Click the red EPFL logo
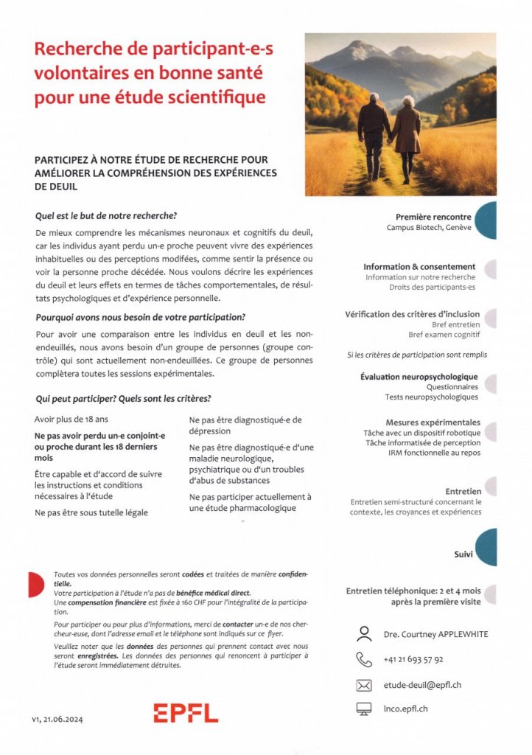point(186,712)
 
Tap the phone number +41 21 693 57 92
point(413,659)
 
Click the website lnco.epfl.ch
point(405,709)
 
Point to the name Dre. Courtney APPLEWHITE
point(435,634)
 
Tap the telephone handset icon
point(363,659)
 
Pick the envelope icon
point(363,685)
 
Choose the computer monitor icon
point(363,709)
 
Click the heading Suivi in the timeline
point(463,554)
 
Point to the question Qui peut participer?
point(75,398)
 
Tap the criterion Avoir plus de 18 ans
point(69,419)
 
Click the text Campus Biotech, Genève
point(429,228)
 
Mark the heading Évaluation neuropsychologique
point(419,376)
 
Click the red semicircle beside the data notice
point(34,585)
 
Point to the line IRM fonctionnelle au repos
point(434,453)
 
